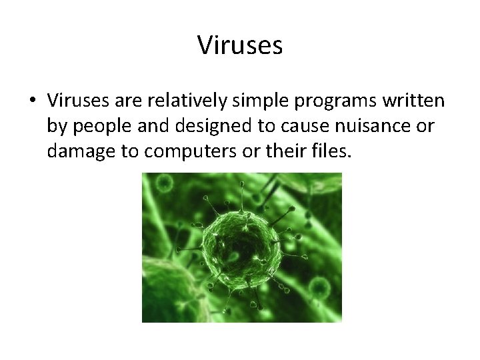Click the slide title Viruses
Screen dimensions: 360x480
click(x=240, y=46)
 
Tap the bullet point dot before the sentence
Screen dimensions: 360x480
click(x=32, y=101)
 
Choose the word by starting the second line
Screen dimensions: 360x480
click(x=57, y=127)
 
